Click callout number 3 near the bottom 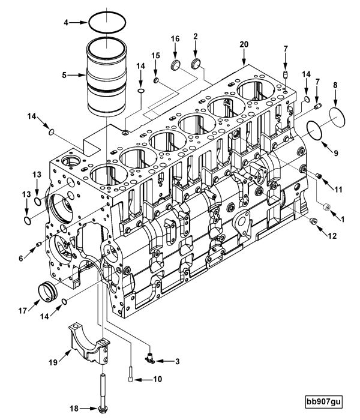178,361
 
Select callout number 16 176,38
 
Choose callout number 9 335,153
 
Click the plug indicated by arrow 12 313,221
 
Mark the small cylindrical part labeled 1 328,208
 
